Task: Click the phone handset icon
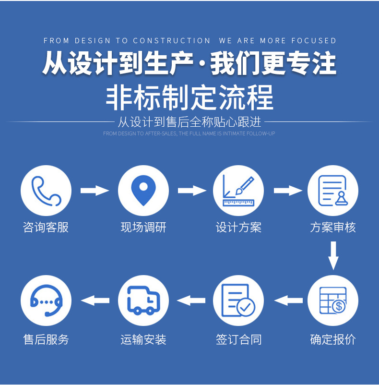(x=46, y=191)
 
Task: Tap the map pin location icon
(x=143, y=191)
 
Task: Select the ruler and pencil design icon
(x=238, y=191)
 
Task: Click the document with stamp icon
(x=332, y=191)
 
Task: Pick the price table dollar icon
(x=332, y=301)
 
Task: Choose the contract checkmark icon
(x=238, y=301)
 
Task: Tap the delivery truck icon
(x=143, y=301)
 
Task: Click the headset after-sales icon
(x=46, y=301)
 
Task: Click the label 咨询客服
(x=46, y=228)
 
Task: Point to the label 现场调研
(x=143, y=228)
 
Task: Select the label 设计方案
(x=238, y=228)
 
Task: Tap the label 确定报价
(x=332, y=340)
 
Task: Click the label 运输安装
(x=143, y=340)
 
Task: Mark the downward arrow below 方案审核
(x=333, y=255)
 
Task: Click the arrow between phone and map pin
(x=95, y=191)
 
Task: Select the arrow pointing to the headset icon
(x=95, y=301)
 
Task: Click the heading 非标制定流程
(x=189, y=97)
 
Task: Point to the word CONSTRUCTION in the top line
(x=172, y=41)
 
